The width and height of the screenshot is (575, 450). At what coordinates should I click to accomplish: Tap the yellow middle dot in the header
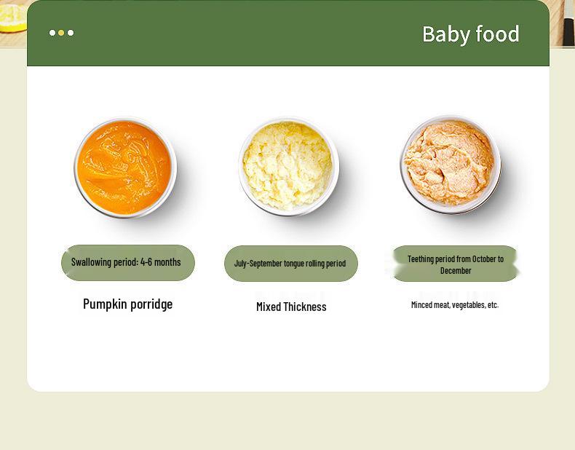click(62, 33)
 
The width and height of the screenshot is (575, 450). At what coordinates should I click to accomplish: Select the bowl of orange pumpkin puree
click(125, 167)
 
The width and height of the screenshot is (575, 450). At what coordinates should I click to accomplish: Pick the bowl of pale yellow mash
click(288, 167)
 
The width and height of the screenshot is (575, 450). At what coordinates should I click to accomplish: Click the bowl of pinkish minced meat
click(451, 164)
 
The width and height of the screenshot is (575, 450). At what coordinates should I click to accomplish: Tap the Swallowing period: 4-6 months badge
click(127, 262)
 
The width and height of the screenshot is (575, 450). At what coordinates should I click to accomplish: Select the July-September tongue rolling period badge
click(290, 263)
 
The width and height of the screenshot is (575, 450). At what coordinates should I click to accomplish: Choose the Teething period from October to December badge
click(455, 264)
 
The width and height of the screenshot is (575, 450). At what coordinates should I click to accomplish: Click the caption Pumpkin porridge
click(127, 304)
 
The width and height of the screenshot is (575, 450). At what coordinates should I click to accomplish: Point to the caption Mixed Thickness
click(291, 307)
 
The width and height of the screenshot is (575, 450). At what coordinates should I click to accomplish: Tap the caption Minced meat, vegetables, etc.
click(455, 305)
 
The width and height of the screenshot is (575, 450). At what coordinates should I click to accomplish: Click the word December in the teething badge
click(456, 270)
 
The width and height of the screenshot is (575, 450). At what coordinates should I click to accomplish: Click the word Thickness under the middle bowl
click(306, 307)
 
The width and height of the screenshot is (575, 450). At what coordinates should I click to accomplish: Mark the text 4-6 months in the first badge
click(160, 262)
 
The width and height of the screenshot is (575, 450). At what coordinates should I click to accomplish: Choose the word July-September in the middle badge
click(258, 263)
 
